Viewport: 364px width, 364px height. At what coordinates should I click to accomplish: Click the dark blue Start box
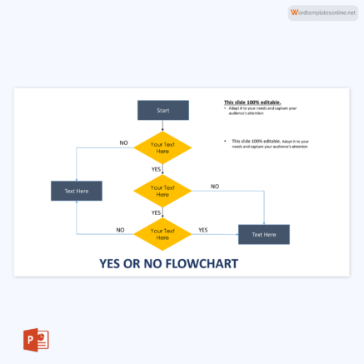162,110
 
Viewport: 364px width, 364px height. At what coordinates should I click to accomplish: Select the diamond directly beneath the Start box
162,147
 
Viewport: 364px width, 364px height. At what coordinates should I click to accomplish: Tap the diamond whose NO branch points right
162,192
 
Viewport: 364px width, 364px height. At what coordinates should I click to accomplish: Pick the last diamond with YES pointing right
162,234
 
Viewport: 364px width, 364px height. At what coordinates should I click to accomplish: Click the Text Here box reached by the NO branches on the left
76,191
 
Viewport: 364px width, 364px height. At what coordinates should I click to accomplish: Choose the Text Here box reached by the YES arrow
263,234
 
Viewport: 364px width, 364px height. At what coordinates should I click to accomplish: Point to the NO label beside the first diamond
123,143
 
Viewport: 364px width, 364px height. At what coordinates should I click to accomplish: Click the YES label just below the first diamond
156,169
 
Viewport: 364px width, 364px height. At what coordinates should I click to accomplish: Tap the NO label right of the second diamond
214,187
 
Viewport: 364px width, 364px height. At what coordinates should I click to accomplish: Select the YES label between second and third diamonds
156,212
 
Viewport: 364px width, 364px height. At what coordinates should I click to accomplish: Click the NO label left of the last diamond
120,230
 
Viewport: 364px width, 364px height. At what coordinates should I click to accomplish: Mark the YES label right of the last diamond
203,230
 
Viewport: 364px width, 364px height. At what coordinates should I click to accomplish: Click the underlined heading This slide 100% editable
241,102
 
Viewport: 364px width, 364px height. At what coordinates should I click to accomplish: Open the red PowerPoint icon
36,340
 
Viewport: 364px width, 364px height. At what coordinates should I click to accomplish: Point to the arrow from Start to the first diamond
162,126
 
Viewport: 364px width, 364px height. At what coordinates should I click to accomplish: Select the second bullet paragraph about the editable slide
269,143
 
